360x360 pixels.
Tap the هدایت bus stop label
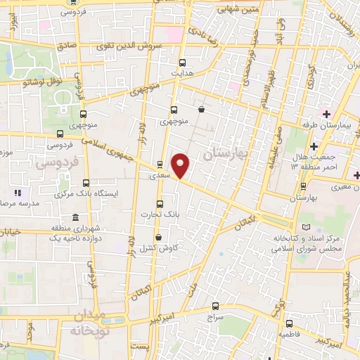point(182,73)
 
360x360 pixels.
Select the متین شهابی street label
point(218,9)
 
